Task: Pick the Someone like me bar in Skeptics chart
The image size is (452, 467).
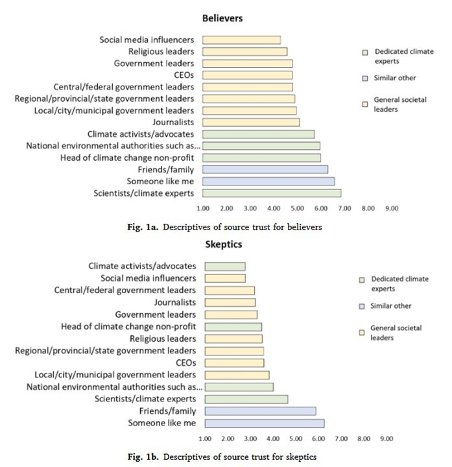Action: tap(264, 423)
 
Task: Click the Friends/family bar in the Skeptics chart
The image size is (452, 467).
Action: tap(260, 411)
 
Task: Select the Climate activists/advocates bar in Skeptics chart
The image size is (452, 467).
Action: tap(224, 266)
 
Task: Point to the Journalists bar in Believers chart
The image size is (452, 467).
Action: tap(250, 122)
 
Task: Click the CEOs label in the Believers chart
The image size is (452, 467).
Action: tap(182, 75)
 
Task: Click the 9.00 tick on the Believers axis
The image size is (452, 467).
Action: tap(392, 209)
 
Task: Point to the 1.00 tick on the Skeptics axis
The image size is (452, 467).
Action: tap(206, 438)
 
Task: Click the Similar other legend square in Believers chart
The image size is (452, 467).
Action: tap(365, 78)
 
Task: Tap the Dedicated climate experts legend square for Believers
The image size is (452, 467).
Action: tap(365, 52)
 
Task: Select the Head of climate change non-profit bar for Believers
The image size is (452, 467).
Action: tap(261, 158)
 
